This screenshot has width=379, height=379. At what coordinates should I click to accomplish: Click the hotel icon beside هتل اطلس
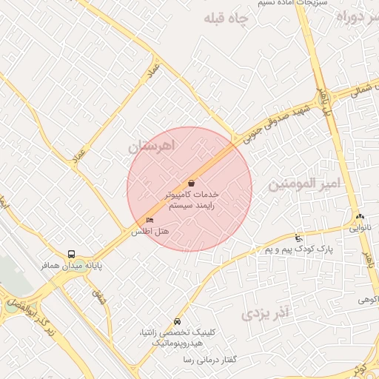[x=150, y=221]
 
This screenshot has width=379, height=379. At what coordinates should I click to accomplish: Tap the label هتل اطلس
[x=150, y=232]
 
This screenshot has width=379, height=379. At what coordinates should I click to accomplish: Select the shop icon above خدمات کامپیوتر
[x=192, y=183]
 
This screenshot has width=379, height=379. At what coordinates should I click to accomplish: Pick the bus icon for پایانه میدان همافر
[x=71, y=254]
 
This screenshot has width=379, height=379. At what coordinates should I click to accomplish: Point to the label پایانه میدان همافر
[x=72, y=265]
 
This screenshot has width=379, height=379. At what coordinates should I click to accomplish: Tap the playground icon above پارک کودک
[x=298, y=238]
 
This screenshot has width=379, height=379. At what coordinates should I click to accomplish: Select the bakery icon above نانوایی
[x=360, y=217]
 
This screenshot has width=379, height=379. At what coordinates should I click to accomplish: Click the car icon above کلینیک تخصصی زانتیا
[x=177, y=322]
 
